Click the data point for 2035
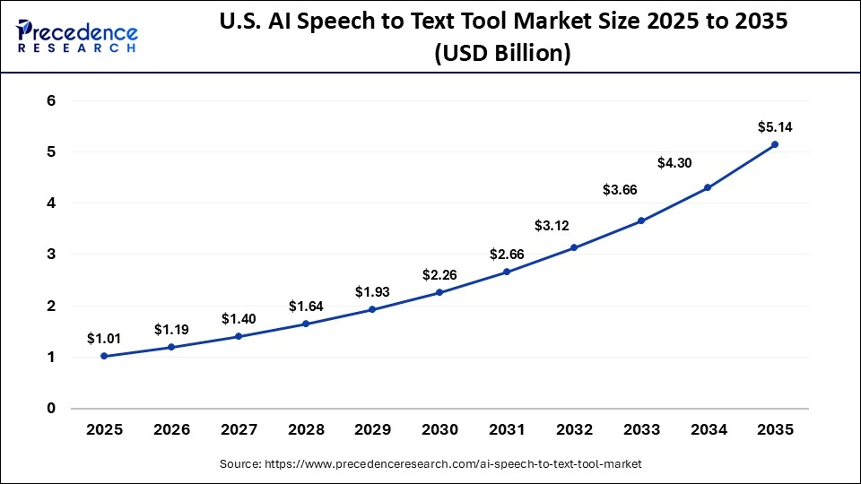pos(775,144)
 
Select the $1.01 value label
pos(104,338)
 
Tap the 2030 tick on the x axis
pos(439,430)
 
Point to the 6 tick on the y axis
pos(51,101)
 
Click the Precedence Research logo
pos(77,35)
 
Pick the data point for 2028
pos(306,324)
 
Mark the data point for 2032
pos(574,247)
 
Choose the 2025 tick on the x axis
pos(104,430)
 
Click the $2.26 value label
pos(439,273)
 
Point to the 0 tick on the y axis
pos(51,409)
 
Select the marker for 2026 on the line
pos(171,347)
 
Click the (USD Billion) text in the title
pos(502,54)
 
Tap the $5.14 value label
pos(775,126)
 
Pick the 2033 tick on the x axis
pos(641,430)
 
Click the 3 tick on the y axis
pos(51,255)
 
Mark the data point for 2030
pos(439,292)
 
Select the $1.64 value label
pos(306,306)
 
